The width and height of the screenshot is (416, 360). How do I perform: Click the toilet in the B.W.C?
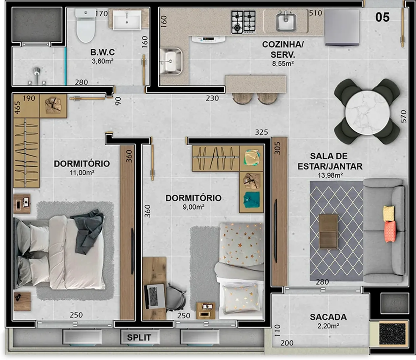pyautogui.click(x=86, y=25)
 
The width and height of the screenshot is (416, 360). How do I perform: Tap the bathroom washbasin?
pyautogui.click(x=127, y=20)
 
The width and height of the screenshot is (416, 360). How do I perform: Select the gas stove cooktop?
pyautogui.click(x=243, y=22)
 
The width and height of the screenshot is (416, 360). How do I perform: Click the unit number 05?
pyautogui.click(x=382, y=17)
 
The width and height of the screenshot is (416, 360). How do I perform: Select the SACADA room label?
pyautogui.click(x=328, y=317)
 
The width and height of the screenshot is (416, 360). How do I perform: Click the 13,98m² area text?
pyautogui.click(x=330, y=175)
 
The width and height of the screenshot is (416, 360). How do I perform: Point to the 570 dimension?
pyautogui.click(x=404, y=116)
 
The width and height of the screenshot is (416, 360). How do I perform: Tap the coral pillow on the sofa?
pyautogui.click(x=390, y=232)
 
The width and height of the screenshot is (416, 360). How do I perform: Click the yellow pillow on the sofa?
pyautogui.click(x=389, y=214)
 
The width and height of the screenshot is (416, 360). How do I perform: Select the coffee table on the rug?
pyautogui.click(x=328, y=232)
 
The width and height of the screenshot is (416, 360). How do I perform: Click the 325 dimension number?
pyautogui.click(x=262, y=132)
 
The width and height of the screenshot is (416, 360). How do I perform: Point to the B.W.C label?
pyautogui.click(x=103, y=52)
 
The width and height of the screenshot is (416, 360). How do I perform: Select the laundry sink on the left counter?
pyautogui.click(x=171, y=61)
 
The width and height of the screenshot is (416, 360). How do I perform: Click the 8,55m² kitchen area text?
pyautogui.click(x=283, y=64)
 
